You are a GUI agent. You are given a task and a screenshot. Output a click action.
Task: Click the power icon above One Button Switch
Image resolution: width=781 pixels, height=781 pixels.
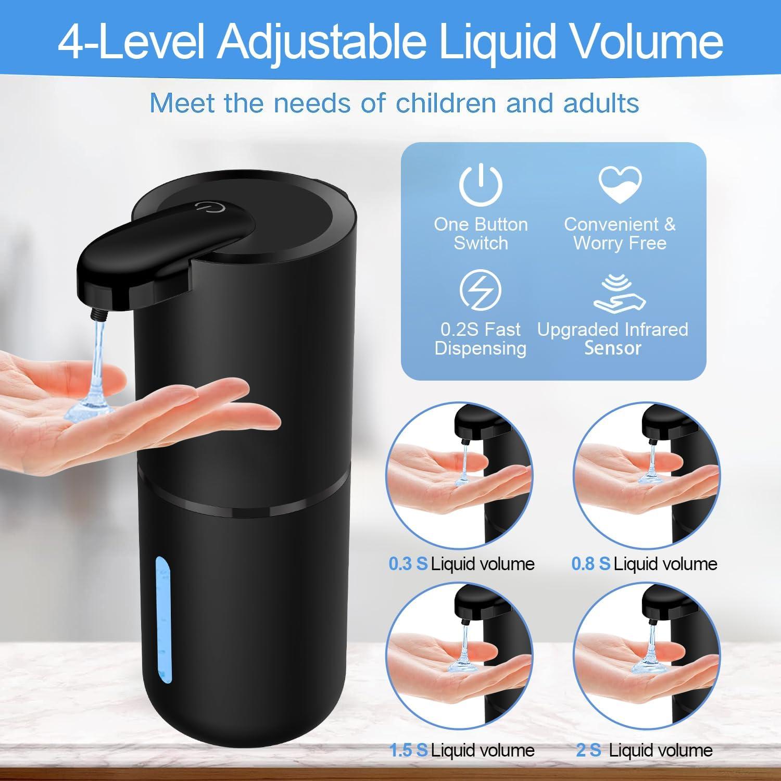click(481, 184)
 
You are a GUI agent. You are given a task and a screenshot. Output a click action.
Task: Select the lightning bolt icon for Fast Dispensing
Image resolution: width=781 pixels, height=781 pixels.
click(481, 289)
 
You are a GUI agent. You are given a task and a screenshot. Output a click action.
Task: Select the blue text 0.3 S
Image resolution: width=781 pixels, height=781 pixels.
click(408, 564)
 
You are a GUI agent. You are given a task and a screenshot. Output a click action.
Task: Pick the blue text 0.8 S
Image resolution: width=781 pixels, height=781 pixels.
click(590, 564)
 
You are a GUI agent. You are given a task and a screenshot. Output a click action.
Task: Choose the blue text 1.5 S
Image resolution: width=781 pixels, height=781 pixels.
click(409, 750)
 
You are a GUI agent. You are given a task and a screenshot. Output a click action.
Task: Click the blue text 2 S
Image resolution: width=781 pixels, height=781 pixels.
click(588, 750)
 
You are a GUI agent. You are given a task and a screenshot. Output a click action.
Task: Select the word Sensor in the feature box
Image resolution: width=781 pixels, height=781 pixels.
click(612, 348)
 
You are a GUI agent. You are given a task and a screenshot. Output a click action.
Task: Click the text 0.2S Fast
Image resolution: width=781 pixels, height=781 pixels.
click(480, 329)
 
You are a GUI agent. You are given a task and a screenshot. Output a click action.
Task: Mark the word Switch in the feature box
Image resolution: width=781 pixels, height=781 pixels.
click(481, 243)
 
